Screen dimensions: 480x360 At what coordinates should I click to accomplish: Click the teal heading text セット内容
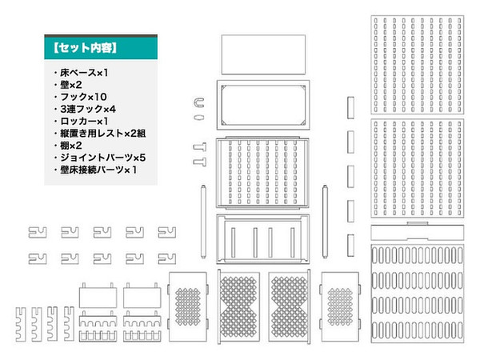[85, 48]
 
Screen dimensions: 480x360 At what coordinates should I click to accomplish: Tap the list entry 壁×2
[71, 85]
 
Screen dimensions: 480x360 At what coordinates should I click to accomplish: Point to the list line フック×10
[83, 97]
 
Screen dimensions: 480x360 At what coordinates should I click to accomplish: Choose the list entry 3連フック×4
[88, 109]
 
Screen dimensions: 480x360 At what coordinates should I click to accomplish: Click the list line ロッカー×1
[84, 122]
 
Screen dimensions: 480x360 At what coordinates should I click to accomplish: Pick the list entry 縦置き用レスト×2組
[103, 134]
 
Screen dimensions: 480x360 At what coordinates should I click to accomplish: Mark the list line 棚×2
[71, 146]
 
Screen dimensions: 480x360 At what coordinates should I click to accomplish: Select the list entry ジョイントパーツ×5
[103, 158]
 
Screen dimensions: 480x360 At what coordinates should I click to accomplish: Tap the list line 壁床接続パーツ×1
[98, 170]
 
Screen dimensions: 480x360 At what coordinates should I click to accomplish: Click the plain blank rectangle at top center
[263, 54]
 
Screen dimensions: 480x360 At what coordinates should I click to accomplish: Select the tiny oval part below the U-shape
[199, 118]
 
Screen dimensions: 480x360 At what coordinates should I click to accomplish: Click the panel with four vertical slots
[263, 238]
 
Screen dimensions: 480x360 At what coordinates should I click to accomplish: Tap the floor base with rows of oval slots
[418, 294]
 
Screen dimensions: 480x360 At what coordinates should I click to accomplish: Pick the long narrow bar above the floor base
[418, 232]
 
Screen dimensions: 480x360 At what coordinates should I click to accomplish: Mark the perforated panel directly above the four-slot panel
[262, 173]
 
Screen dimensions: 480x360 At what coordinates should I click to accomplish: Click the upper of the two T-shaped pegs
[200, 147]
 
